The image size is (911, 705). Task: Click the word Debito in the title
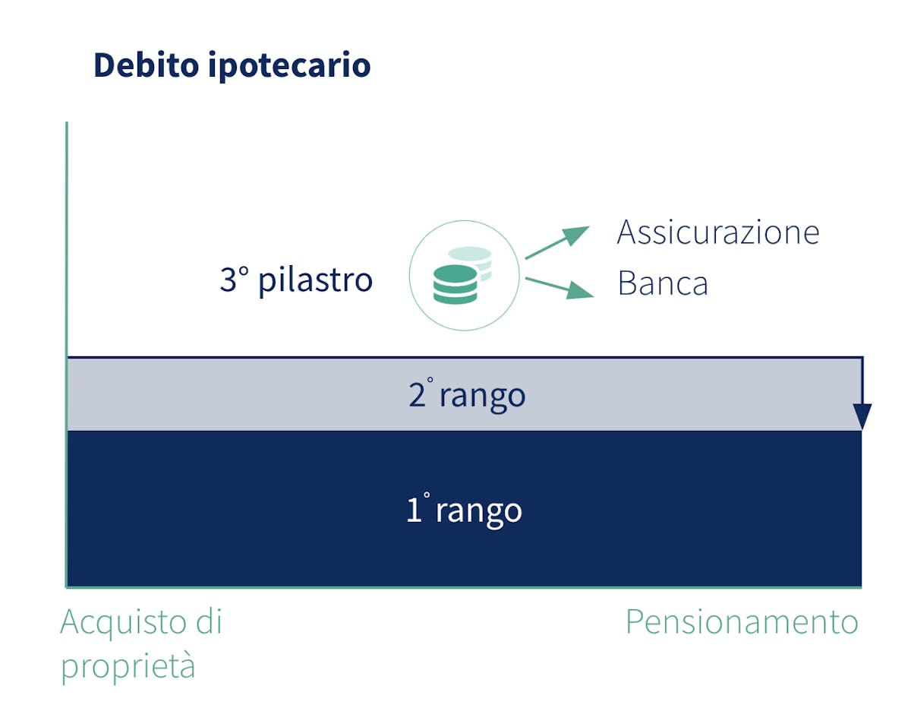147,65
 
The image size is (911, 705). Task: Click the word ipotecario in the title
289,66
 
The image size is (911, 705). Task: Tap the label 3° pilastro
296,280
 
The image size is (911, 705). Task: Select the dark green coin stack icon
455,284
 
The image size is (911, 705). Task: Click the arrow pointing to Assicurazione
557,242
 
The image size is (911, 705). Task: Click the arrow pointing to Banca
560,288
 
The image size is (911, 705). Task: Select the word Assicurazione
718,232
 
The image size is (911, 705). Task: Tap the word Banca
663,283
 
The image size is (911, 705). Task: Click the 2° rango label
467,394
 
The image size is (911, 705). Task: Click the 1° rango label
464,510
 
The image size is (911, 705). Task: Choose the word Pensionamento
742,621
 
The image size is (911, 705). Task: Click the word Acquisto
124,623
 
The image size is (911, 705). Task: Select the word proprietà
128,666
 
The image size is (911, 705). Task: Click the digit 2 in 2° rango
417,395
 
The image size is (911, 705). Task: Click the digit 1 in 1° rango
415,510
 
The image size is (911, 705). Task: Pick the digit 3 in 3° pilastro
228,280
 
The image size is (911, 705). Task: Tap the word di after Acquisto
209,620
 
